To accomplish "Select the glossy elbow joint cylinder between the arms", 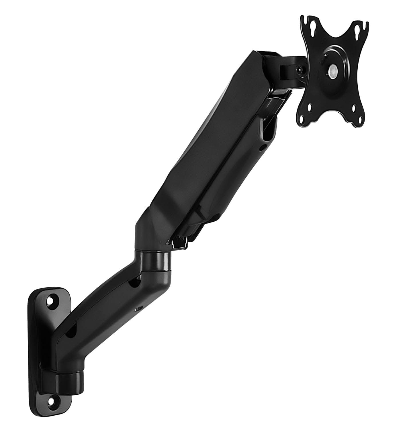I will coord(154,261).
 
